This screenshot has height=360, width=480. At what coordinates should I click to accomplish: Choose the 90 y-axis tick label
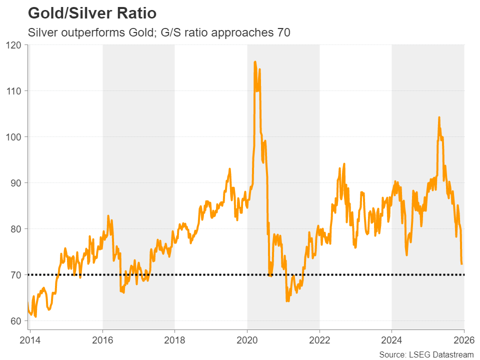17,183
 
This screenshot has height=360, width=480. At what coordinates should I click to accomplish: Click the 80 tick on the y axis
17,229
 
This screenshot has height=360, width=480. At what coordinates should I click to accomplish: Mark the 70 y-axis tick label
17,275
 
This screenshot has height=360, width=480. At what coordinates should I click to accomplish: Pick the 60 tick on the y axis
17,321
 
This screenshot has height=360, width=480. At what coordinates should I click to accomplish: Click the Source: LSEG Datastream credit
426,354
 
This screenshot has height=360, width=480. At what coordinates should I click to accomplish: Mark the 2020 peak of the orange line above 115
255,62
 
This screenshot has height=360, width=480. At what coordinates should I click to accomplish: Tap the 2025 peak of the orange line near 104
439,117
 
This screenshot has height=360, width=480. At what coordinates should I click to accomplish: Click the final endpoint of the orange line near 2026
461,263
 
